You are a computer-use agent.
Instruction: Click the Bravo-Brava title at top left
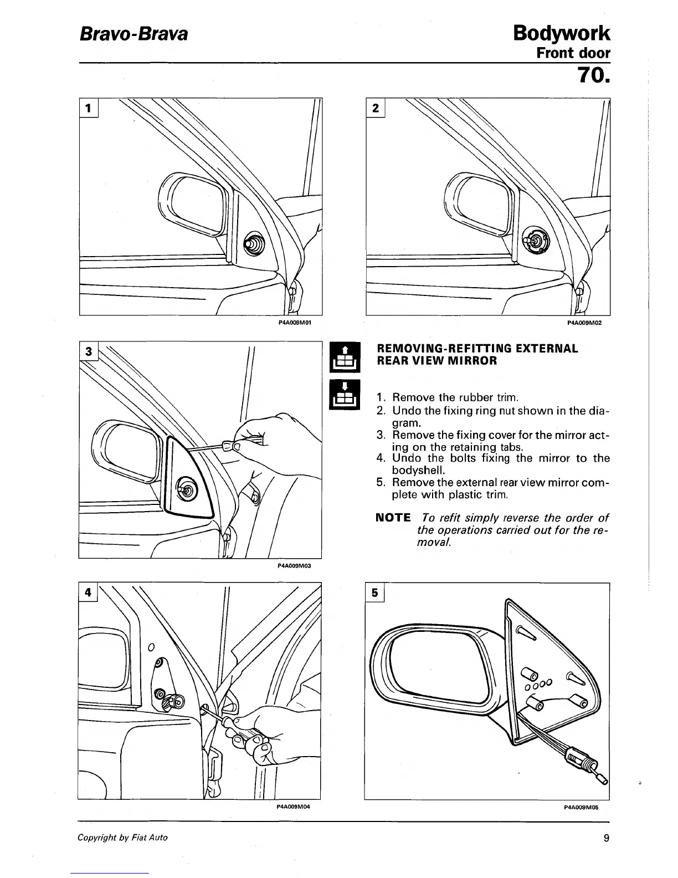[x=133, y=34]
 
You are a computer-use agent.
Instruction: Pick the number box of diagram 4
[x=87, y=591]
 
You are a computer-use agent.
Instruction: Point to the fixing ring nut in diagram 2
[x=536, y=239]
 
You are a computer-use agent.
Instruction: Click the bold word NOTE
[x=393, y=518]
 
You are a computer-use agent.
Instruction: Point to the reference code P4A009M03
[x=294, y=566]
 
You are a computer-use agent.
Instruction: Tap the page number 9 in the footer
[x=606, y=838]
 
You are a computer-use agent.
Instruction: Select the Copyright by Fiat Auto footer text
[x=122, y=838]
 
